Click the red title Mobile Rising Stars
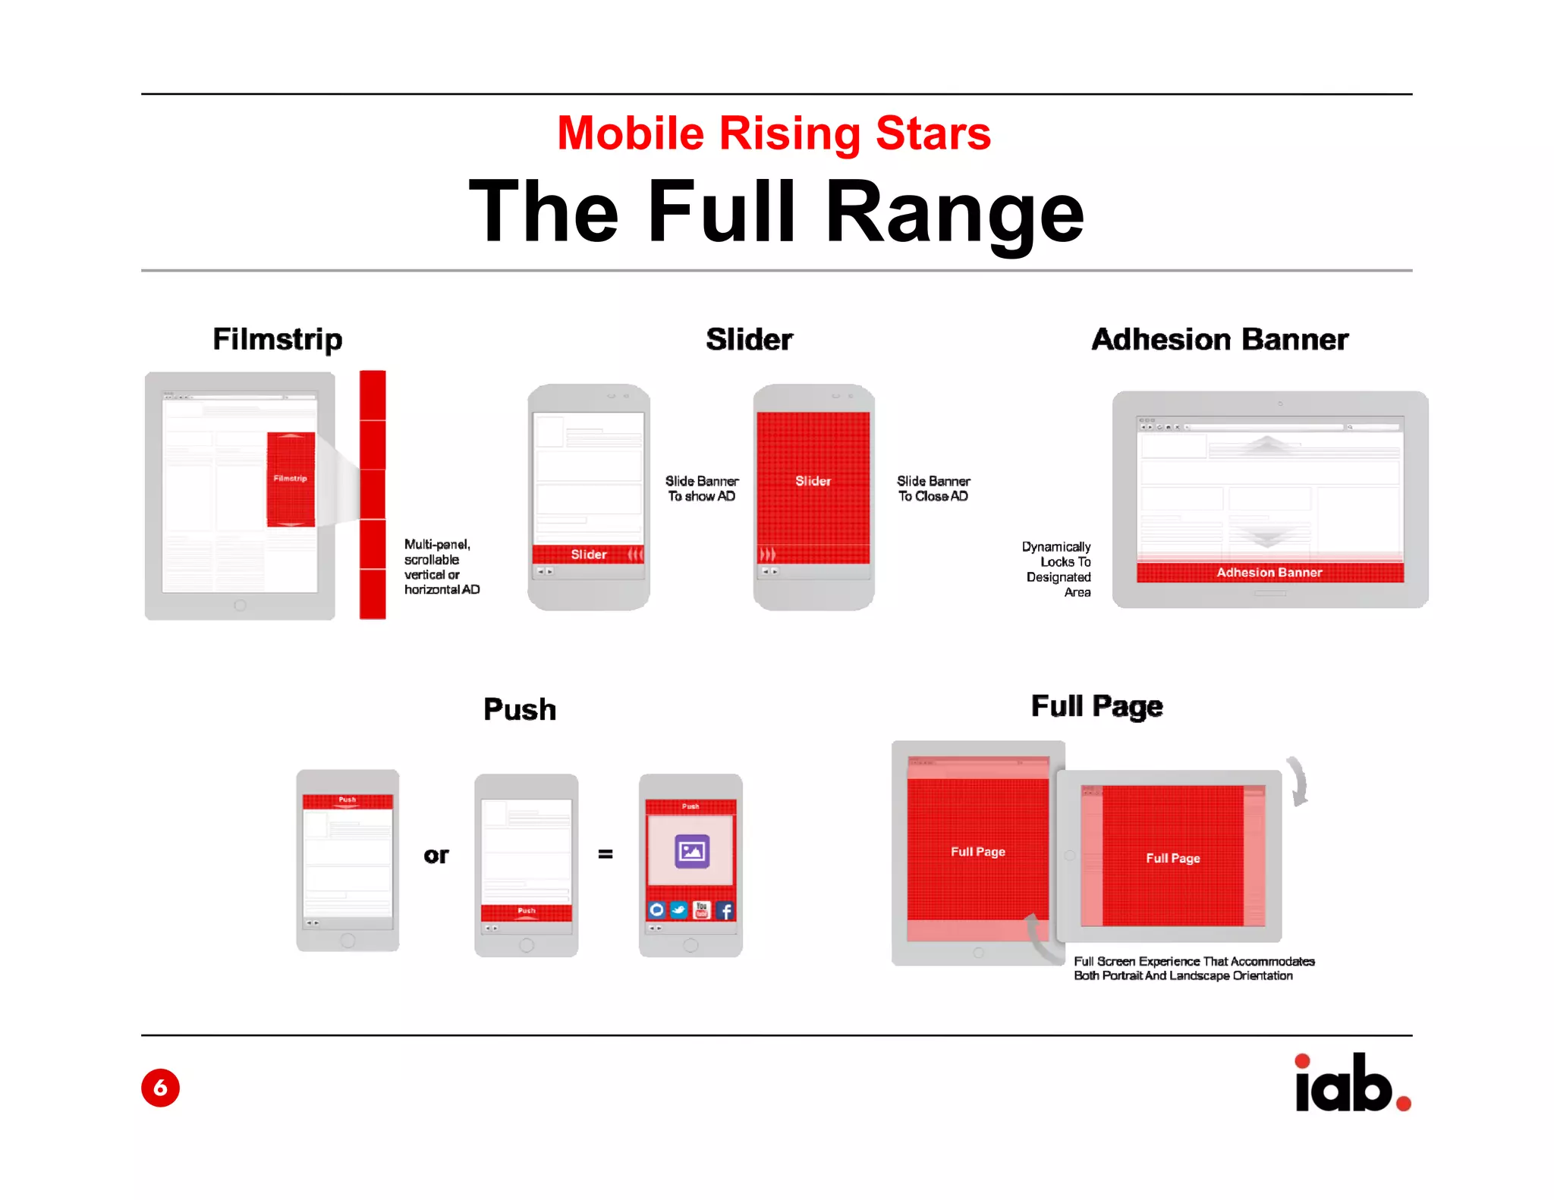pyautogui.click(x=773, y=134)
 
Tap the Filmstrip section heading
pyautogui.click(x=277, y=339)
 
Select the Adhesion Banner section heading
pyautogui.click(x=1219, y=339)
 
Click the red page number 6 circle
pyautogui.click(x=160, y=1088)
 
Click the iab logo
pyautogui.click(x=1351, y=1083)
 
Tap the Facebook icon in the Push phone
pyautogui.click(x=725, y=910)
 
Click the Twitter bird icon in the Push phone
pyautogui.click(x=679, y=910)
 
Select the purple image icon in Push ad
pyautogui.click(x=691, y=851)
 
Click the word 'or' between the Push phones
pyautogui.click(x=436, y=856)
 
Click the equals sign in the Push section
pyautogui.click(x=605, y=854)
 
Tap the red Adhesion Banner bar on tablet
pyautogui.click(x=1269, y=573)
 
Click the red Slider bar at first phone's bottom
pyautogui.click(x=588, y=554)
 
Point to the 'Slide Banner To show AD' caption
pyautogui.click(x=702, y=488)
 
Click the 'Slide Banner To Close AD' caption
pyautogui.click(x=933, y=488)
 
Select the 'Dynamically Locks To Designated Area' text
pyautogui.click(x=1058, y=569)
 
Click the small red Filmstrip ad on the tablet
pyautogui.click(x=291, y=479)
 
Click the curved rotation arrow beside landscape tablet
pyautogui.click(x=1298, y=781)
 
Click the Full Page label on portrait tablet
pyautogui.click(x=977, y=852)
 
